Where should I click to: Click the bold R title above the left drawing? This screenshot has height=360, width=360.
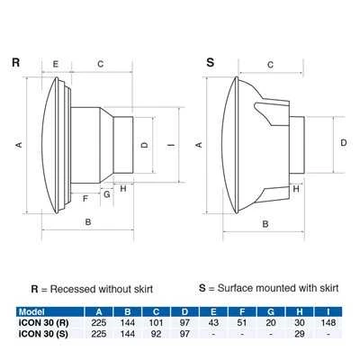[x=16, y=63]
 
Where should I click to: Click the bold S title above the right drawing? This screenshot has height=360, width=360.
[x=211, y=63]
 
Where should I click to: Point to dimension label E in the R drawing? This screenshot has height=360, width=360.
[x=56, y=64]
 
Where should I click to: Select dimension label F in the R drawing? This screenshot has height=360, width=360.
[x=86, y=198]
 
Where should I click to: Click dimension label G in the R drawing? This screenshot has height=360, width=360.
[x=106, y=193]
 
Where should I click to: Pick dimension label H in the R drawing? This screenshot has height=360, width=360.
[x=122, y=188]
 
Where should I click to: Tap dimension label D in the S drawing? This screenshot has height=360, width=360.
[x=344, y=142]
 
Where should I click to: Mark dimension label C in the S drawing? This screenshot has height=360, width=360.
[x=270, y=64]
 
